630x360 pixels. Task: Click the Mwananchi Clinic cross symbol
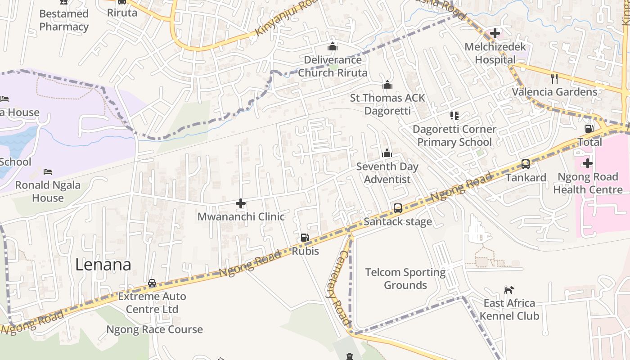241,203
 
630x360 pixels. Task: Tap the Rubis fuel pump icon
305,238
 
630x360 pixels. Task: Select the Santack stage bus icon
398,208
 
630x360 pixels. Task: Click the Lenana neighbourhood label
103,265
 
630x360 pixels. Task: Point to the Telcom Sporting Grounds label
405,279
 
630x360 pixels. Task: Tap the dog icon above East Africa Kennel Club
509,290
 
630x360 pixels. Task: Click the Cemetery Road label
337,288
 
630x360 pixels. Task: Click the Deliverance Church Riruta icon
333,46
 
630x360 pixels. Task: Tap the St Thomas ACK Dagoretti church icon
387,85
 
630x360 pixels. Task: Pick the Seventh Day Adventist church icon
387,153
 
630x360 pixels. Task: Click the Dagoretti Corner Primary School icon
454,116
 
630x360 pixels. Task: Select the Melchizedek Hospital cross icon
495,33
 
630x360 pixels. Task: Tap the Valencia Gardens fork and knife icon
554,79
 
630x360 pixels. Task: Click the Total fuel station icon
589,129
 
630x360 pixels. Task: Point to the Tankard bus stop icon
525,164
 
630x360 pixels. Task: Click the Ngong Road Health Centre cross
587,163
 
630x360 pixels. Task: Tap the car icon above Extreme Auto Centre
152,283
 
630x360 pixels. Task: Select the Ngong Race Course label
154,329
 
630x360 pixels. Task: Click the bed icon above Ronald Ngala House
48,171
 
